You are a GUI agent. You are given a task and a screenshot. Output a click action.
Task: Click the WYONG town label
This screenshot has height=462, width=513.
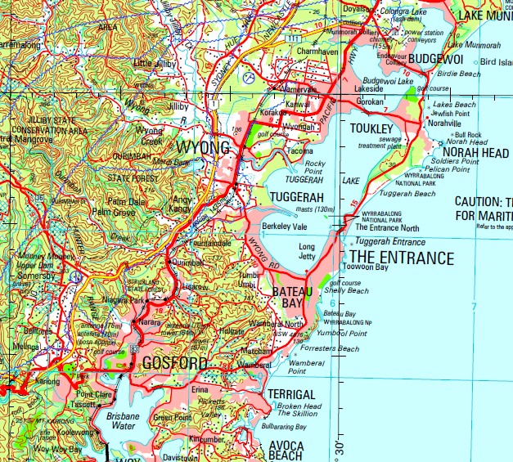click(x=202, y=147)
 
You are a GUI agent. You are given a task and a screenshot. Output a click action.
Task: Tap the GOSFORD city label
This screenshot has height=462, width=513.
click(x=175, y=362)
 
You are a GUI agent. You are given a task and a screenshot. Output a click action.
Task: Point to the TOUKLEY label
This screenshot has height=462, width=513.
click(x=371, y=129)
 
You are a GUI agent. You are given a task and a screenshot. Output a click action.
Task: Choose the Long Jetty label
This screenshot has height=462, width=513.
click(x=307, y=251)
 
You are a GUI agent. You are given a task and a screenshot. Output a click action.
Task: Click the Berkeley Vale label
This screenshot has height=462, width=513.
click(x=284, y=226)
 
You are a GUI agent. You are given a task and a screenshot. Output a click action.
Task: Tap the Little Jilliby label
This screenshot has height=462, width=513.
click(x=153, y=63)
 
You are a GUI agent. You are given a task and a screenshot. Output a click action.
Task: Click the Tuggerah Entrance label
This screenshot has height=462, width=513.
click(x=390, y=242)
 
